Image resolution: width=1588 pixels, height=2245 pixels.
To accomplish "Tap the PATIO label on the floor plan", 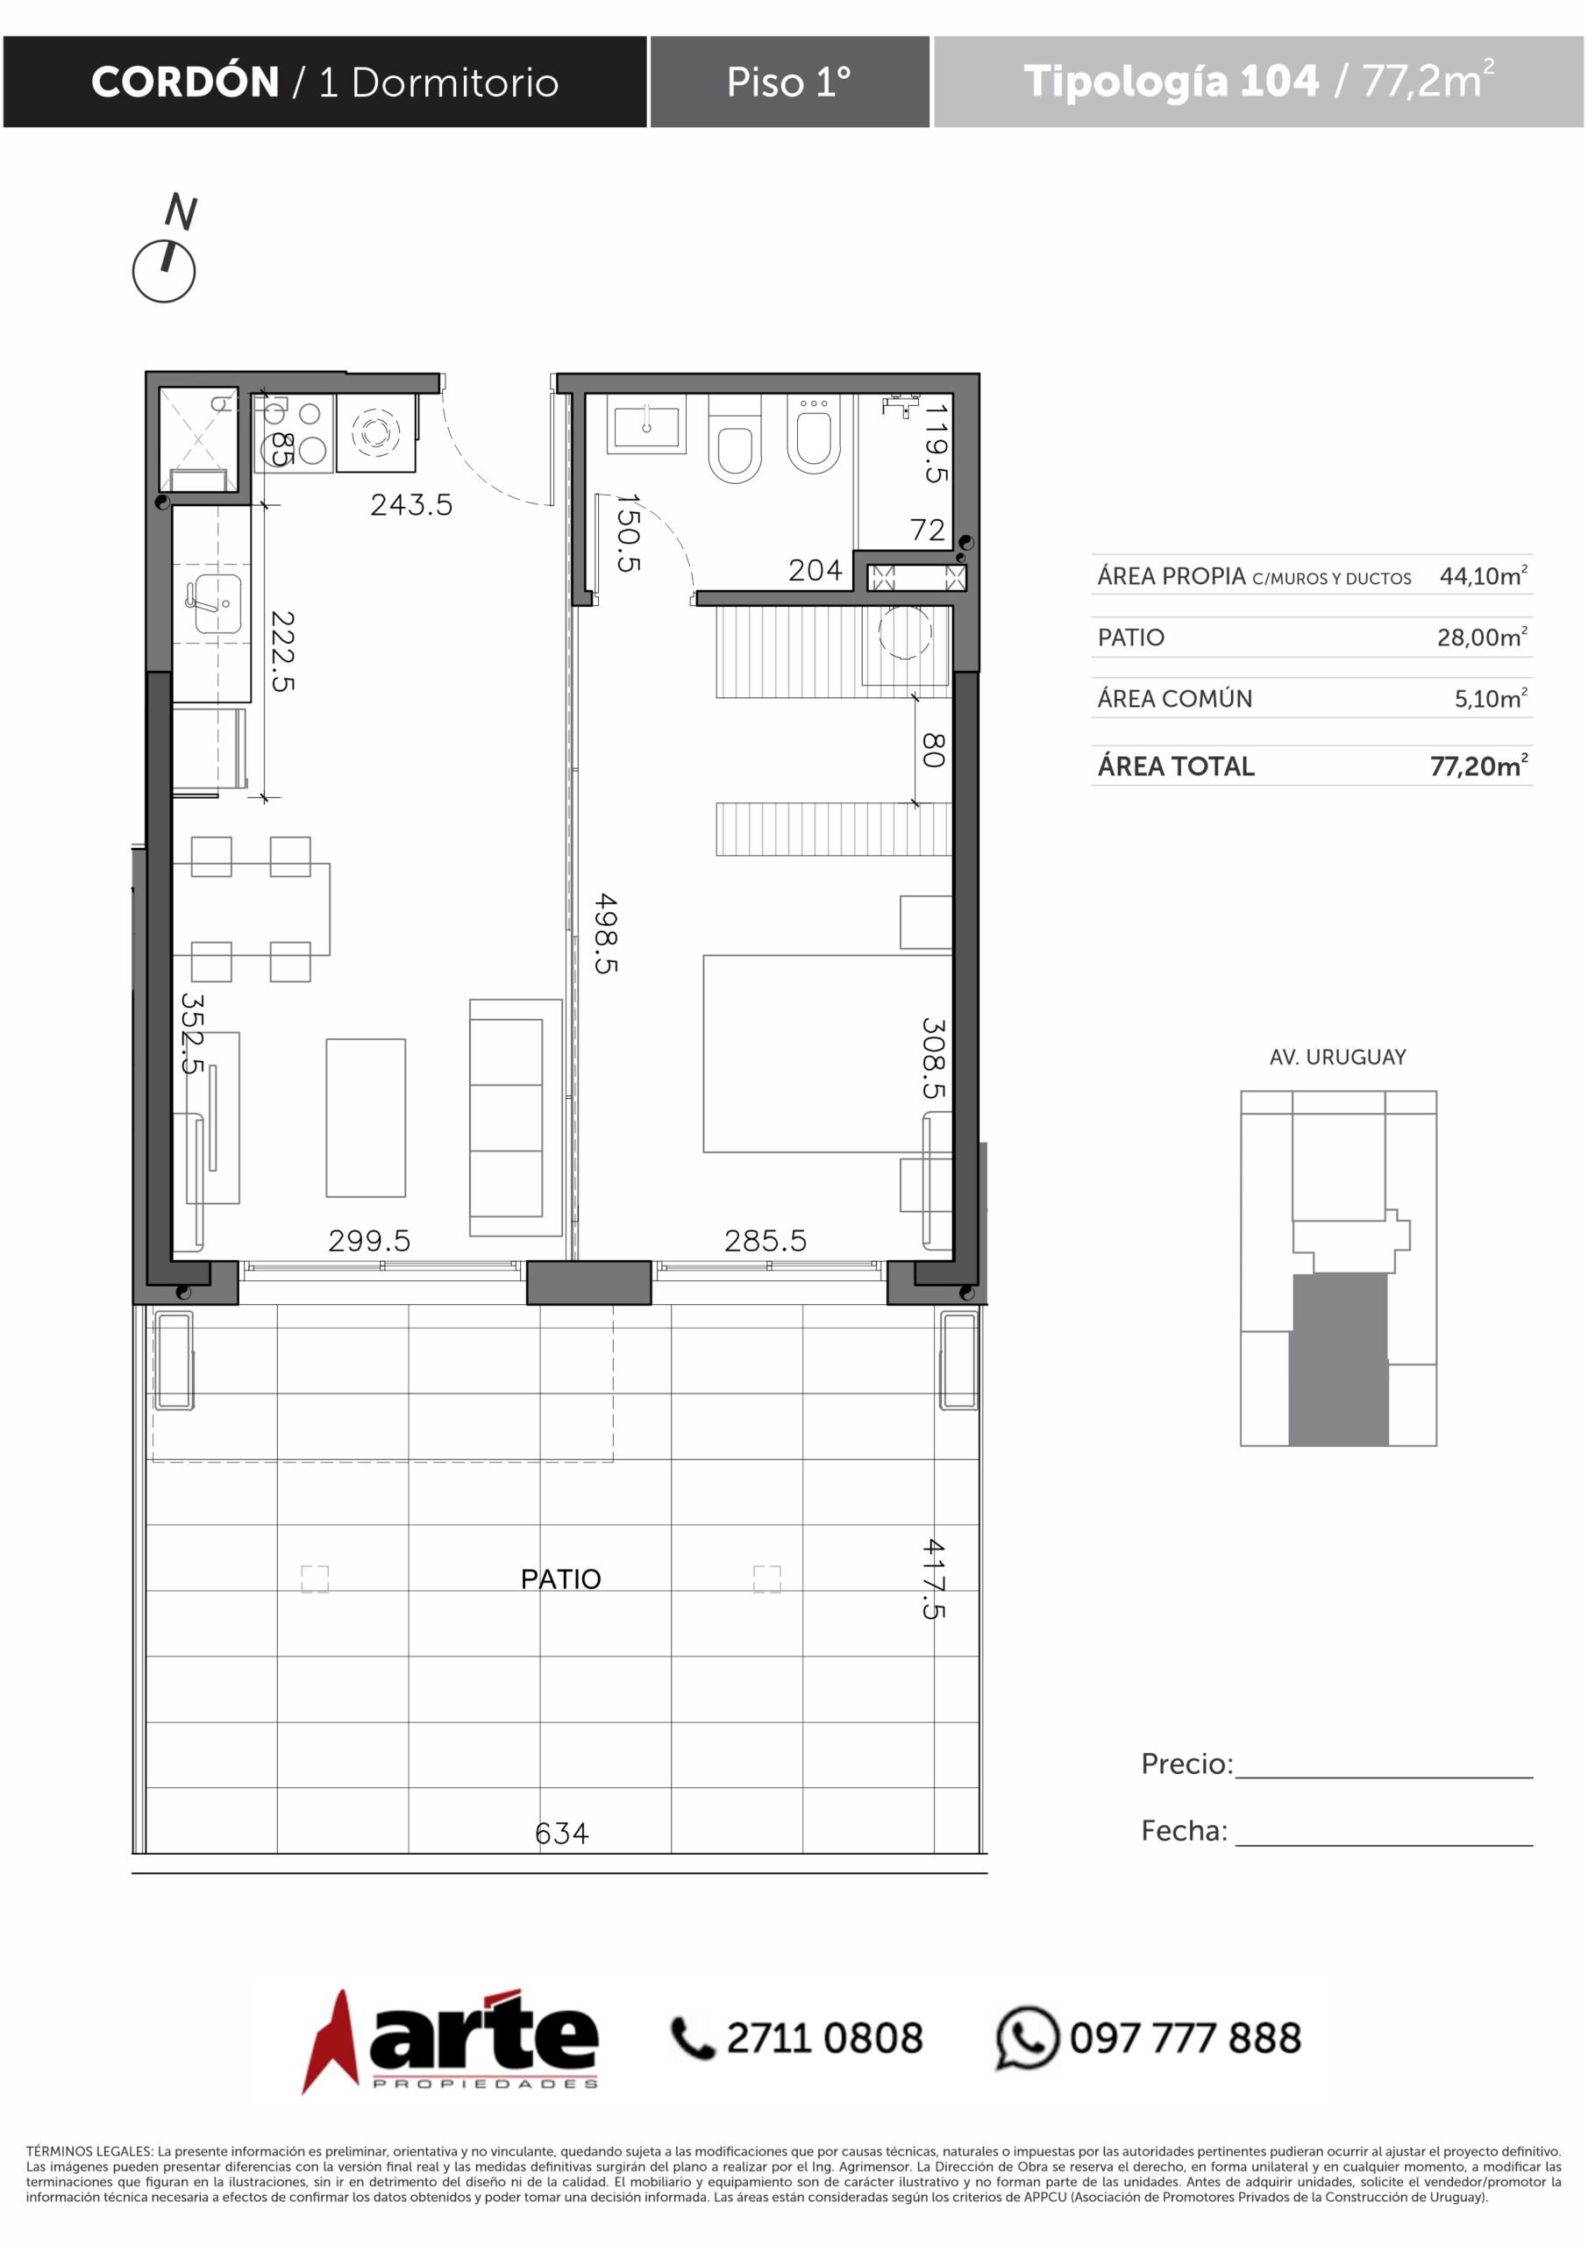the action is [560, 1579].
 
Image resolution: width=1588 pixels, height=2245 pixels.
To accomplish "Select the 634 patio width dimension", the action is [562, 1834].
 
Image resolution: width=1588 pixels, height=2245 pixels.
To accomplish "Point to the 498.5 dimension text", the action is [606, 934].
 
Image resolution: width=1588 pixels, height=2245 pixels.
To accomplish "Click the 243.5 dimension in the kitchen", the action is [411, 504].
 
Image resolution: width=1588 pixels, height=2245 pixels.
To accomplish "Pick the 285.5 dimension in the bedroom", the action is [766, 1241].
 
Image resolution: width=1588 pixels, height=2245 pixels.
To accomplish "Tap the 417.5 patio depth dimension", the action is [934, 1579].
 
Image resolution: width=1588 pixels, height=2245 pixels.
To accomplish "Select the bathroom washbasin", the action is [646, 425].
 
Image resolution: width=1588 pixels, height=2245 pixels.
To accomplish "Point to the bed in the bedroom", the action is [827, 1053].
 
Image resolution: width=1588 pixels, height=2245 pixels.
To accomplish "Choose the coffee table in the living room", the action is [366, 1117].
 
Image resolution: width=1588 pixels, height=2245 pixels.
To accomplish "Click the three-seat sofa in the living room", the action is [516, 1117].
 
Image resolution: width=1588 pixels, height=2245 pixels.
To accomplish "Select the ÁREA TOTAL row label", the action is [1177, 766].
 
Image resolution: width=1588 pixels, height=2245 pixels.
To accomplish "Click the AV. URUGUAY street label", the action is [1338, 1057].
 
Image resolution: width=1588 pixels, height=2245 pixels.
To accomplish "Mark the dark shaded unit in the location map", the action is [1339, 1359].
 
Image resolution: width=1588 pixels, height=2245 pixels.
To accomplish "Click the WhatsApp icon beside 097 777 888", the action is [1028, 2038].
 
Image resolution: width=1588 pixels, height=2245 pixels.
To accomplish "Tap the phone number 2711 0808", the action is [824, 2039].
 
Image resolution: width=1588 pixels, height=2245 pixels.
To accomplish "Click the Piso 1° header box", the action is [790, 82].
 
